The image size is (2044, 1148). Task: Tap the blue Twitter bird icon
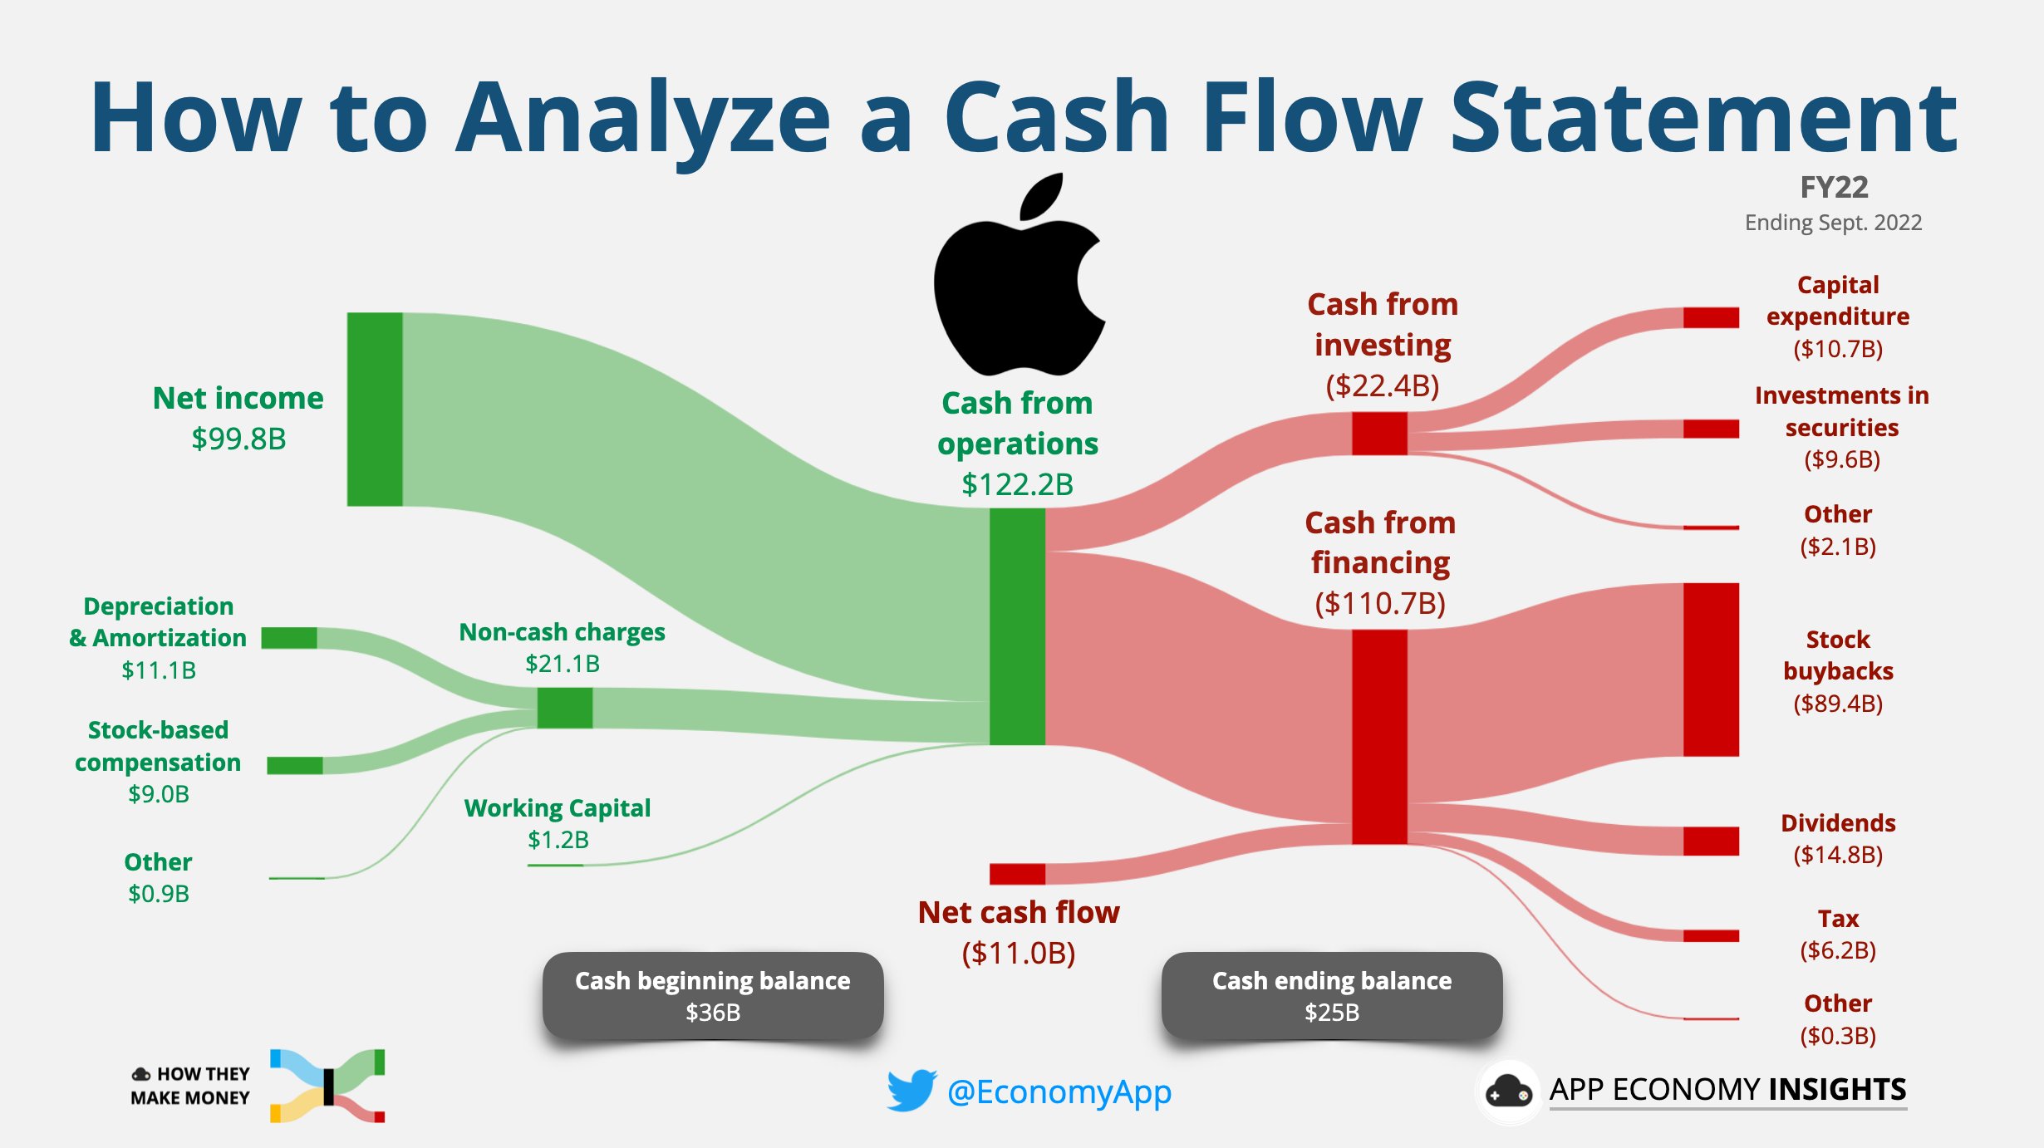pyautogui.click(x=911, y=1091)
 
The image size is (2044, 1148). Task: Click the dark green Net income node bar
pyautogui.click(x=375, y=409)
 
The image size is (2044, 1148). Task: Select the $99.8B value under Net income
pyautogui.click(x=238, y=439)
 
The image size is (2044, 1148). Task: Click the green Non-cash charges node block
pyautogui.click(x=564, y=708)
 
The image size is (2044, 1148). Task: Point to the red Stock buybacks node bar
pyautogui.click(x=1711, y=670)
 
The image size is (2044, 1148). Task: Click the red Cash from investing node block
pyautogui.click(x=1379, y=433)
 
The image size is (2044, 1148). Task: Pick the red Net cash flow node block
pyautogui.click(x=1017, y=874)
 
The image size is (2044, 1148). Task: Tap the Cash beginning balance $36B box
pyautogui.click(x=713, y=995)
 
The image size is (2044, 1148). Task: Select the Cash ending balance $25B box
pyautogui.click(x=1331, y=995)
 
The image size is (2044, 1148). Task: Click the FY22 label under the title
pyautogui.click(x=1834, y=188)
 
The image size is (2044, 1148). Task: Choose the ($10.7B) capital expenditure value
pyautogui.click(x=1838, y=349)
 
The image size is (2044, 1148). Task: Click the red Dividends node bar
pyautogui.click(x=1711, y=841)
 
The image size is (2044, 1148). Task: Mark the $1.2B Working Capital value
pyautogui.click(x=558, y=840)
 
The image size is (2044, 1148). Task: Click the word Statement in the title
pyautogui.click(x=1703, y=118)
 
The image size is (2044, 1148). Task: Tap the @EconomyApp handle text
pyautogui.click(x=1059, y=1092)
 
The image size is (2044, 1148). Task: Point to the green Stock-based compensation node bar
pyautogui.click(x=294, y=765)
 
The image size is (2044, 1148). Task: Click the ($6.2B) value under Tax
pyautogui.click(x=1838, y=950)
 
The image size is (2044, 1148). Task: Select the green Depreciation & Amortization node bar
pyautogui.click(x=288, y=638)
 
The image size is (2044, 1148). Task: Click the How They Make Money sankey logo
pyautogui.click(x=327, y=1086)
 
